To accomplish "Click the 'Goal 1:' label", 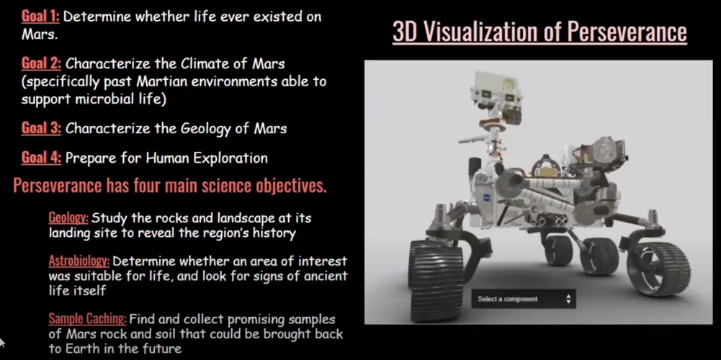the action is click(x=40, y=17).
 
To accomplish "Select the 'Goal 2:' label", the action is click(x=41, y=63).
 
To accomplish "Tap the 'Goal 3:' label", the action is click(x=41, y=128).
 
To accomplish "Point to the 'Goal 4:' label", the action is click(x=41, y=158).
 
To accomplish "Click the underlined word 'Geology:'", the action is click(x=68, y=217).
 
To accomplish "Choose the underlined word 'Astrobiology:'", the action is click(x=79, y=261).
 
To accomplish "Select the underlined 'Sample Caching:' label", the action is click(x=87, y=319).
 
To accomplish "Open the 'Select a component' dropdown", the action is click(x=523, y=299).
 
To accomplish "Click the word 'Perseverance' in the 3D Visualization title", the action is click(x=627, y=32).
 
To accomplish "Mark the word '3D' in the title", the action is click(x=403, y=32).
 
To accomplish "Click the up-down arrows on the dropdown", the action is click(x=568, y=299).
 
